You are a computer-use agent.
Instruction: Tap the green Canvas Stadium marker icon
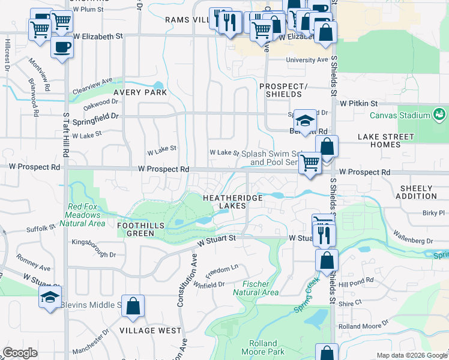point(439,114)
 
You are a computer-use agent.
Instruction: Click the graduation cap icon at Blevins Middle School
point(50,296)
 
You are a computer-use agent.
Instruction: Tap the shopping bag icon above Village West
point(133,305)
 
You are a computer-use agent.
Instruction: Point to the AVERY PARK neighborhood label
point(140,92)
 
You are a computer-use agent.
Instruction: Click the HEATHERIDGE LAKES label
point(224,202)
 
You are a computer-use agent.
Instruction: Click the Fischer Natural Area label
point(260,288)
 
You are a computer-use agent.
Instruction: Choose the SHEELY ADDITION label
point(418,192)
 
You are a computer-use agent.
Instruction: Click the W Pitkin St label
point(358,103)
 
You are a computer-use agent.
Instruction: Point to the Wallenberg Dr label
point(414,236)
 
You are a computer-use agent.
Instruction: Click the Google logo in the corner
point(20,353)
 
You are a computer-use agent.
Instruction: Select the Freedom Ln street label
point(221,269)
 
